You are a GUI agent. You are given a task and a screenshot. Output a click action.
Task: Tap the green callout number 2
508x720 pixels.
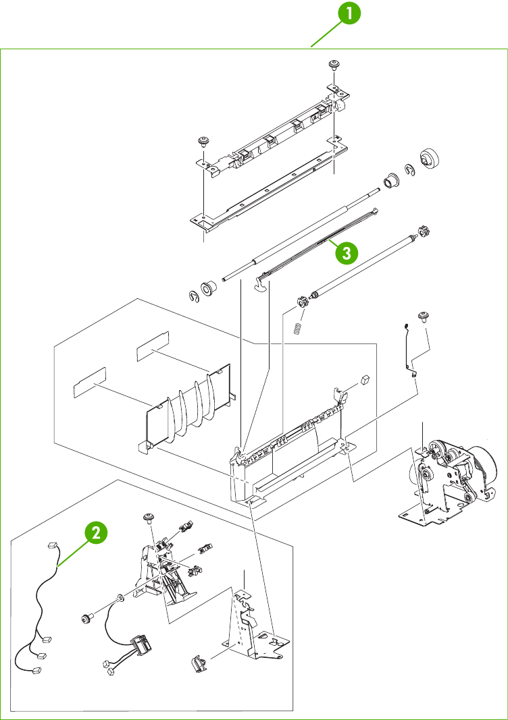(x=97, y=533)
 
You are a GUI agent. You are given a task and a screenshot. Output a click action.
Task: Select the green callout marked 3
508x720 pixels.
(x=344, y=253)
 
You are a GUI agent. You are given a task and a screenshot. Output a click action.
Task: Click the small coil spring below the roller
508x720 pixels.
(x=295, y=329)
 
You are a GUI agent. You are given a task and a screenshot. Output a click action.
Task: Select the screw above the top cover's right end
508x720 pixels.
(x=333, y=65)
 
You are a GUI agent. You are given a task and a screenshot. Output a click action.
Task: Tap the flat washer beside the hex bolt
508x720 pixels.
(x=119, y=597)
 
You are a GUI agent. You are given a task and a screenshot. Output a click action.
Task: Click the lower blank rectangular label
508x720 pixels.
(x=89, y=380)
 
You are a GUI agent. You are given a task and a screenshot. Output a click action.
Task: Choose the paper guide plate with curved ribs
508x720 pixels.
(x=188, y=412)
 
